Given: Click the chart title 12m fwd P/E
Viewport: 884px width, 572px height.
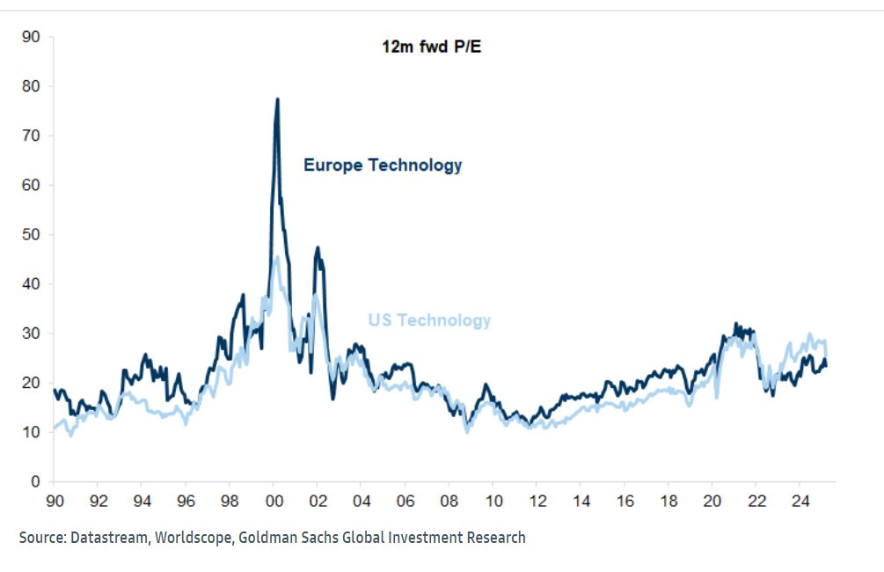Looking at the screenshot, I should [x=425, y=47].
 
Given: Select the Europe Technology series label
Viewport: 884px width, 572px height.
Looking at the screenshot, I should [x=383, y=165].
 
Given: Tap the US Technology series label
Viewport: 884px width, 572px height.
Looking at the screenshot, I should [x=427, y=320].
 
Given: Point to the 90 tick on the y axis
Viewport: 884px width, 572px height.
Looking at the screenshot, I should [x=31, y=37].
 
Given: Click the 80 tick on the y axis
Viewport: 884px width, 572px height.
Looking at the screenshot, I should [x=31, y=86].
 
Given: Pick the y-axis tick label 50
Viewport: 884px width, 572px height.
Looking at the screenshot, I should [x=31, y=235].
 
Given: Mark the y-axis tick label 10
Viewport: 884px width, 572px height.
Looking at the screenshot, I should [x=31, y=432].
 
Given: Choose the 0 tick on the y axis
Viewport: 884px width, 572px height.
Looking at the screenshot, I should [x=35, y=481].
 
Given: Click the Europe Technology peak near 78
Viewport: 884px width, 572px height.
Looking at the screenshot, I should [x=277, y=99].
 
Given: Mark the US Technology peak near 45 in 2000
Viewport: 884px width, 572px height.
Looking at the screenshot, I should [x=276, y=257].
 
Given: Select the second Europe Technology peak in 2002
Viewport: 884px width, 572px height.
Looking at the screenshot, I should [x=317, y=248].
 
